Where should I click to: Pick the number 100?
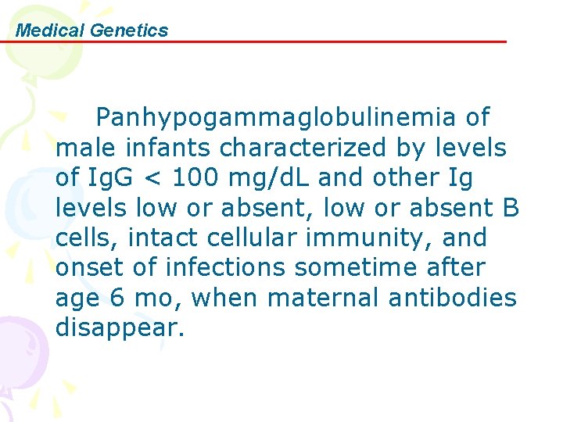[196, 177]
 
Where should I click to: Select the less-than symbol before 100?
[153, 178]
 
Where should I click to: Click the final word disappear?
[120, 328]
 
